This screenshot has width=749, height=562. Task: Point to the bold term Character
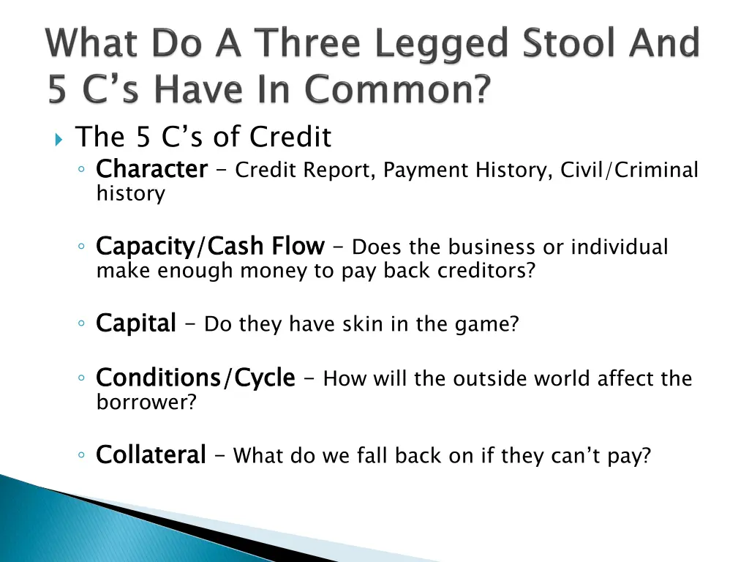coord(151,170)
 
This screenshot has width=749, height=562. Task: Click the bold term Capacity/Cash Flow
coord(210,247)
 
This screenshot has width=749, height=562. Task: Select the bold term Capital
coord(136,323)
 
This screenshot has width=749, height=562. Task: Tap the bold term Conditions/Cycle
coord(195,378)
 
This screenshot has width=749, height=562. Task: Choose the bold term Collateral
coord(151,455)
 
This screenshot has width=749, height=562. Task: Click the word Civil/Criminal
coord(629,170)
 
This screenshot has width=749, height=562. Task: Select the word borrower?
coord(146,402)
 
